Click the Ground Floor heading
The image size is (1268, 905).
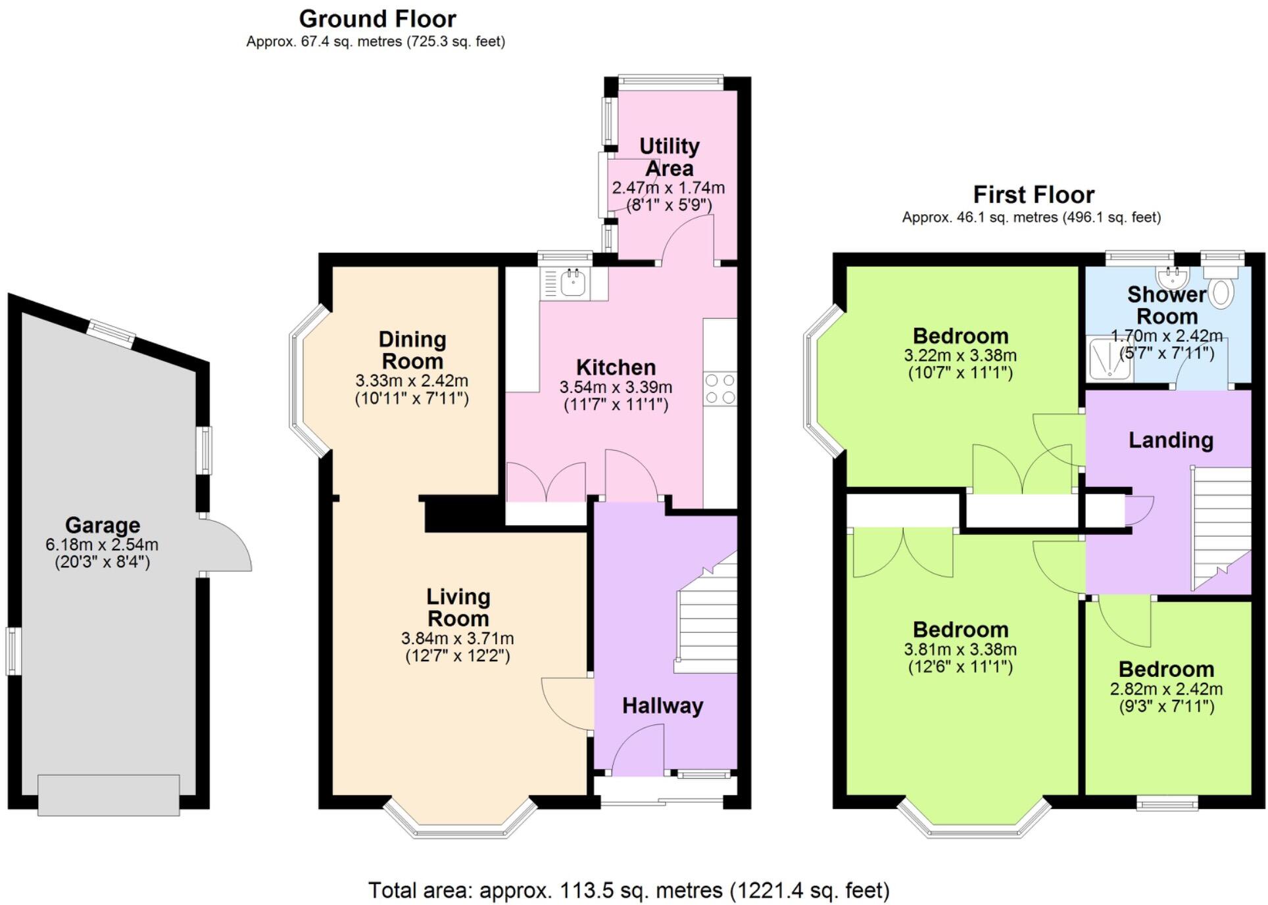coord(378,19)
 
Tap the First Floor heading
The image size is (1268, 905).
coord(1033,195)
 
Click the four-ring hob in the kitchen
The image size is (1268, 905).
coord(719,388)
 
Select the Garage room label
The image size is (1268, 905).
coord(103,525)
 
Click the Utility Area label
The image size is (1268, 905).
coord(670,157)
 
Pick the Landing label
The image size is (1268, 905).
coord(1171,440)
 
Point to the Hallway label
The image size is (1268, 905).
coord(663,706)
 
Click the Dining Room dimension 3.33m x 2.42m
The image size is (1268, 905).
coord(412,381)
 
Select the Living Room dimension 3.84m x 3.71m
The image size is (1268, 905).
coord(458,638)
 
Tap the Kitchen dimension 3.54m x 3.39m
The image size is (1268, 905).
coord(616,387)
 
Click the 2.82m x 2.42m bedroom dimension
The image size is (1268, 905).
coord(1166,689)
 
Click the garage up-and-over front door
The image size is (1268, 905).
coord(109,795)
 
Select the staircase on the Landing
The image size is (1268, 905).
coord(1221,528)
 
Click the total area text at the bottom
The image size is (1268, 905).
coord(629,891)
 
